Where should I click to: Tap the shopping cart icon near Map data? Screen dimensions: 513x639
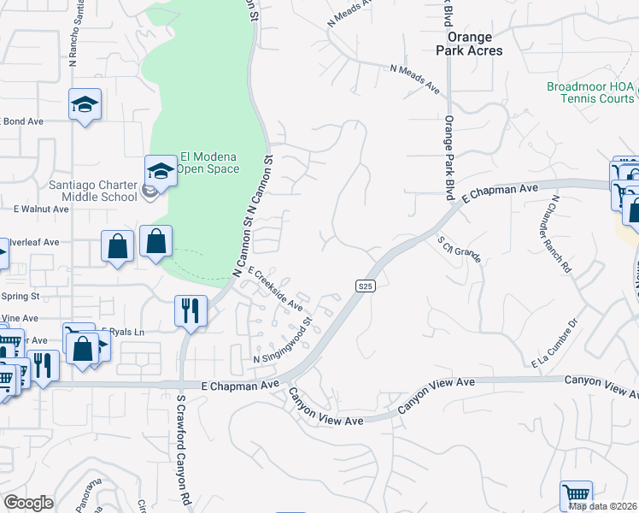click(577, 495)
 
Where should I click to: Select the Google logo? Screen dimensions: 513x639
click(28, 503)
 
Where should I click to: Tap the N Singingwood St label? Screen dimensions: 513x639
click(284, 348)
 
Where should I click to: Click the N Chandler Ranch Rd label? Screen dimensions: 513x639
click(560, 233)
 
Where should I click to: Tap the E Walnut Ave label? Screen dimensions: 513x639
click(40, 208)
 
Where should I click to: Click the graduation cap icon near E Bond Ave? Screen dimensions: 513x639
click(85, 104)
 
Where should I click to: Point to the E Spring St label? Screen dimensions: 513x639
click(21, 296)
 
